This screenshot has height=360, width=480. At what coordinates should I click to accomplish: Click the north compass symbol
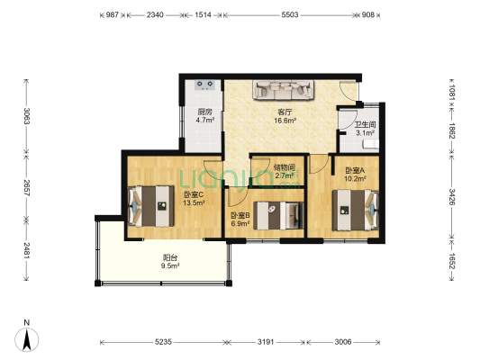pos(27,339)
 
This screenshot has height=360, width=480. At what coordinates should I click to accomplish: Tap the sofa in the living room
pos(283,90)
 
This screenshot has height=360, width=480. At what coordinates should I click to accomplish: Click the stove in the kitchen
pos(204,85)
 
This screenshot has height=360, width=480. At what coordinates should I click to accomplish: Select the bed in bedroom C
pos(151,206)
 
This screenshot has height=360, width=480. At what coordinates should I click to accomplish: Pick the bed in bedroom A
pos(356,210)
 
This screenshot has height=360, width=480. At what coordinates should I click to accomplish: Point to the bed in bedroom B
pos(278,215)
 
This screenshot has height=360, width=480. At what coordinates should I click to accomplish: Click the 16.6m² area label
pos(285,121)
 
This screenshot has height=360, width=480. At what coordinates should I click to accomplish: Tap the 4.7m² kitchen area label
pos(204,121)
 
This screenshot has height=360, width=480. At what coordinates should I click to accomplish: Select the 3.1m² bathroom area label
pos(366,133)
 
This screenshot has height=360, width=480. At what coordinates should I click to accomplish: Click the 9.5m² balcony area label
pos(170,265)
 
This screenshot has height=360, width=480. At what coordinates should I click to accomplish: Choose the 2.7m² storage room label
pos(285,175)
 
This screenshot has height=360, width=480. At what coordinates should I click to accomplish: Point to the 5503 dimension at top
pos(290,14)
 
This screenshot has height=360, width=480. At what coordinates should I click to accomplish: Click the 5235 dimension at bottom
pos(163,342)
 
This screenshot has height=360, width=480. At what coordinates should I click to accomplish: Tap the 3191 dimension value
pos(266,342)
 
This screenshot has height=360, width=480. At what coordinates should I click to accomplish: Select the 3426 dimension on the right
pos(452,196)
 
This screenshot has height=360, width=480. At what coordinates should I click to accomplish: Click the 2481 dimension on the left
pos(27,251)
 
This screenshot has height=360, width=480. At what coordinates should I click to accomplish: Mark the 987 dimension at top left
pos(113,14)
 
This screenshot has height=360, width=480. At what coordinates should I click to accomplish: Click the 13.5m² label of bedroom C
pos(194,202)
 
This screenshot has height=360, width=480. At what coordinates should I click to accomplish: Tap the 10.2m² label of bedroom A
pos(356,178)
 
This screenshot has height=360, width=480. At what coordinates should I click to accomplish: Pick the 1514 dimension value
pos(203,14)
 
